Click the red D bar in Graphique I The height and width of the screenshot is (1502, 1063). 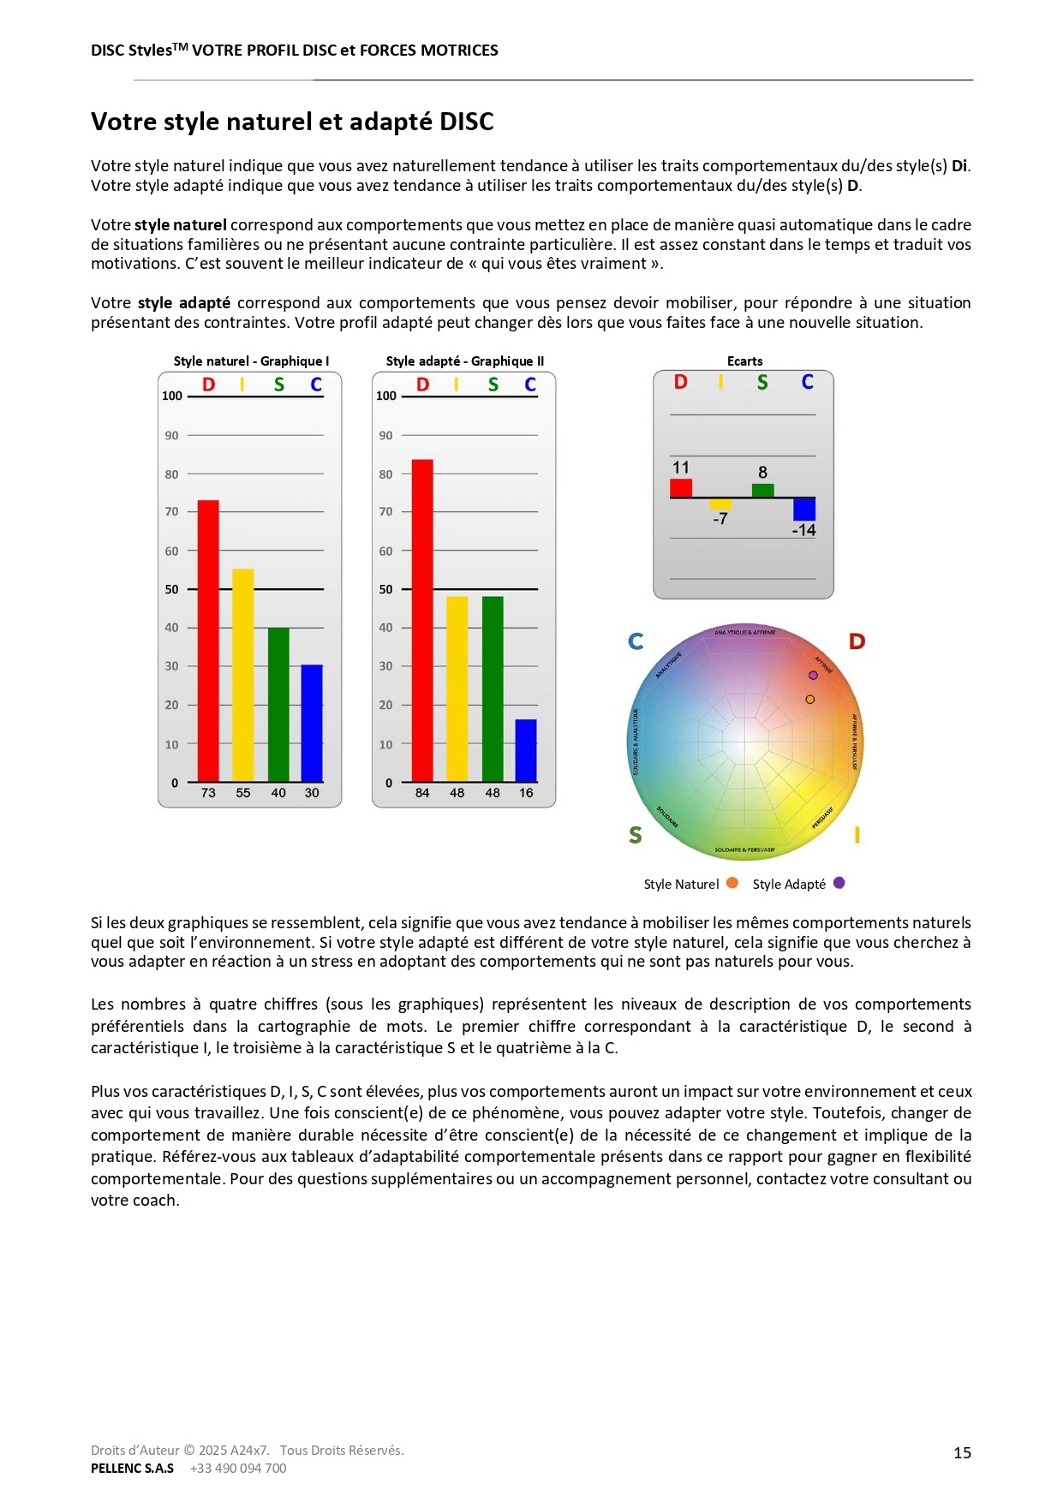(208, 641)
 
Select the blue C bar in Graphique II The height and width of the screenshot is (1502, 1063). (525, 750)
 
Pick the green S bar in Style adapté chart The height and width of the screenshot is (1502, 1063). (493, 688)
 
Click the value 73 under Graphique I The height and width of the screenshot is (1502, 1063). (208, 793)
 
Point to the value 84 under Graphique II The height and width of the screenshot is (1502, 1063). (422, 793)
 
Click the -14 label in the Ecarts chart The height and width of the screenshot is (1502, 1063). (803, 530)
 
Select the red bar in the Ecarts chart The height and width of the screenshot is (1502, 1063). (681, 488)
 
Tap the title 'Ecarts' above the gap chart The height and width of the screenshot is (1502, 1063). (744, 361)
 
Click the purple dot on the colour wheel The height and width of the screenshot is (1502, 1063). (813, 676)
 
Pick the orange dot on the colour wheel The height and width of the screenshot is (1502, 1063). (809, 700)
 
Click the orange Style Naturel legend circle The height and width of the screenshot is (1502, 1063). (732, 883)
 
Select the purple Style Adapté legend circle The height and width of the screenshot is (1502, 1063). (839, 883)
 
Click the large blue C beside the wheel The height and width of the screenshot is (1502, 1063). (636, 641)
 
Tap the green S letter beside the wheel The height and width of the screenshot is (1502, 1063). (635, 835)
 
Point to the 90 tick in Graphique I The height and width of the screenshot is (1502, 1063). (172, 435)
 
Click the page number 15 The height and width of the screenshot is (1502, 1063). (962, 1452)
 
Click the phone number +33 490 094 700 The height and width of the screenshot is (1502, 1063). (238, 1468)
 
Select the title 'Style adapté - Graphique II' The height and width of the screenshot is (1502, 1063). (464, 361)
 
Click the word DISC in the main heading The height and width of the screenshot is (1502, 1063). (466, 122)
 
